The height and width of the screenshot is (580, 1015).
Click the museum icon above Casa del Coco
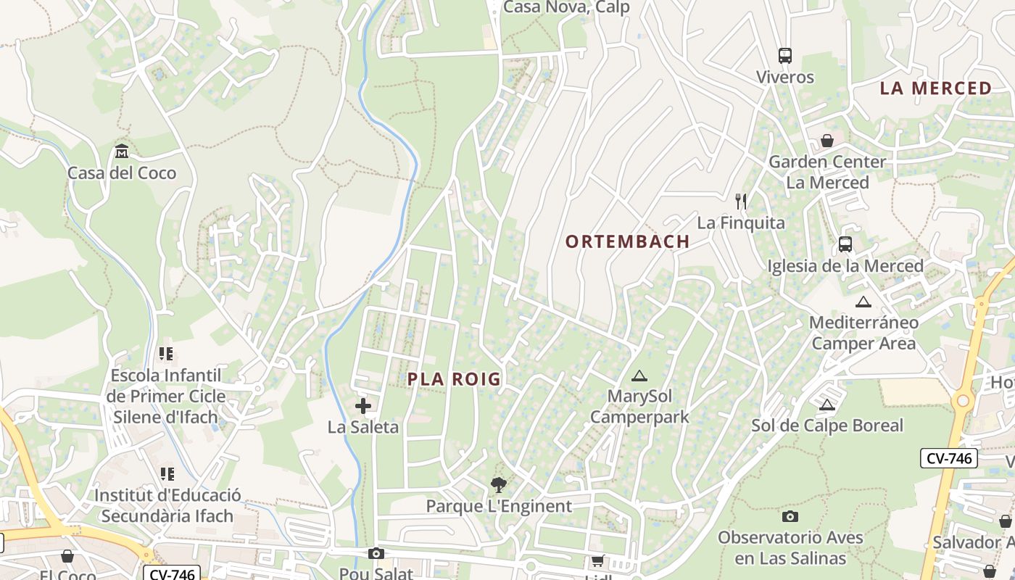coord(122,152)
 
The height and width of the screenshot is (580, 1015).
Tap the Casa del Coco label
coord(122,173)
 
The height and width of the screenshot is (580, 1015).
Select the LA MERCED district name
coord(936,88)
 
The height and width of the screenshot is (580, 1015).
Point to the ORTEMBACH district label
coord(628,241)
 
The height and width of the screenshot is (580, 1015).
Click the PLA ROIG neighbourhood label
coord(454,379)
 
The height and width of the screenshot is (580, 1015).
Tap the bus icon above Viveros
coord(785,56)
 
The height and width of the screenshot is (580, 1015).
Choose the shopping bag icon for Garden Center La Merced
coord(827,141)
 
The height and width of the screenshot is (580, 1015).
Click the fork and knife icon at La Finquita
coord(740,201)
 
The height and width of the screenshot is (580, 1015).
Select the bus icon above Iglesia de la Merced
coord(845,244)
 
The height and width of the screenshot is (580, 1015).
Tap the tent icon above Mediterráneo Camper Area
coord(863,302)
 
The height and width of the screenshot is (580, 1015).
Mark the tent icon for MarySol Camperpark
coord(639,376)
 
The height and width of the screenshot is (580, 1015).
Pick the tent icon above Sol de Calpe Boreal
coord(827,405)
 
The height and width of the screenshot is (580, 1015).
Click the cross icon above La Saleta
coord(363,406)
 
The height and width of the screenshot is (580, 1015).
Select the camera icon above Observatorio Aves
coord(790,516)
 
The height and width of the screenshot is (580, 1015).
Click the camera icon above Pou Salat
coord(376,554)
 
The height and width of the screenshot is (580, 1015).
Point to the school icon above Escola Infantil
coord(167,354)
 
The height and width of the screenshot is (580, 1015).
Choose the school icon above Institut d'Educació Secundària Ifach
coord(167,474)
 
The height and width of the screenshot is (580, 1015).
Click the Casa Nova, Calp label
coord(566,7)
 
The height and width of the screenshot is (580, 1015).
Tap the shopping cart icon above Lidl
coord(598,560)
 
